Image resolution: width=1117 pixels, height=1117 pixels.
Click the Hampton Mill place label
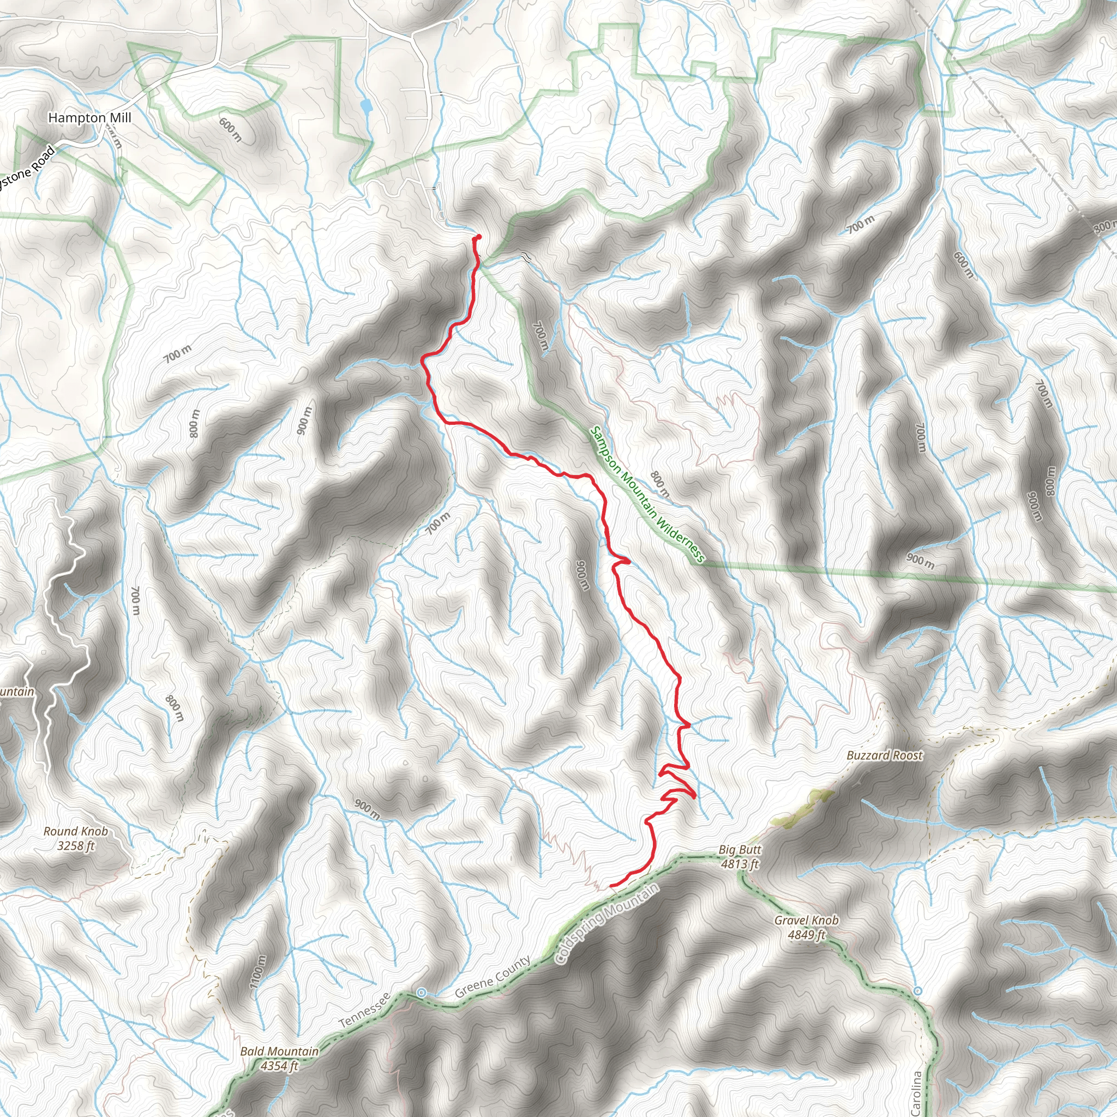[x=89, y=118]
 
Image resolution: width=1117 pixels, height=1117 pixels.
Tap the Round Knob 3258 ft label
[x=76, y=839]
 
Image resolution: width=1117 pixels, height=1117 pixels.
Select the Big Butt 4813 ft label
[x=740, y=857]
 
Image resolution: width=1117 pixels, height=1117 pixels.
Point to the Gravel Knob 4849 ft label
[x=806, y=927]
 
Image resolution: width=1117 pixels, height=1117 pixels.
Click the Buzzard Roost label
[x=885, y=755]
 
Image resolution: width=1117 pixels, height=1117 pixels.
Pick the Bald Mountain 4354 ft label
[x=279, y=1058]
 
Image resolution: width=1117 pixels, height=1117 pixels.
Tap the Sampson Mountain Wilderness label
[x=647, y=495]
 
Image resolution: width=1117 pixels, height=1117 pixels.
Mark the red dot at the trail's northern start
[x=478, y=237]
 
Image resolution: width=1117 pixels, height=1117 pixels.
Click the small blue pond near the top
[x=365, y=106]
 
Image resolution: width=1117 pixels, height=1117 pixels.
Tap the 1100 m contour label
[x=258, y=971]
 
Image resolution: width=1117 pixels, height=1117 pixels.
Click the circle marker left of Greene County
[x=422, y=993]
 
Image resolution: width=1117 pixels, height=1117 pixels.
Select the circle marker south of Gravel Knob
[x=917, y=991]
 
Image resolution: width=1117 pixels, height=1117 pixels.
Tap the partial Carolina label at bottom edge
[x=916, y=1094]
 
